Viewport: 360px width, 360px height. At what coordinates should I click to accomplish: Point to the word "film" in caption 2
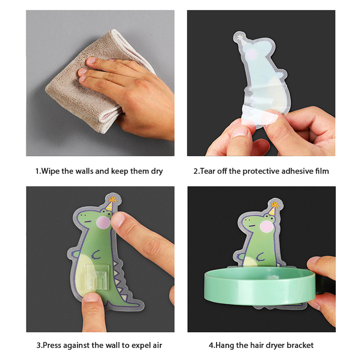[x=322, y=171]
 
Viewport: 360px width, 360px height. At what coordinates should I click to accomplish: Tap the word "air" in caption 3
[x=157, y=345]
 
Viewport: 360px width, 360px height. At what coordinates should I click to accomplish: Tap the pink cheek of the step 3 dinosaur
[x=103, y=222]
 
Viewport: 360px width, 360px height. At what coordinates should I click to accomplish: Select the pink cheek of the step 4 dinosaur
[x=266, y=227]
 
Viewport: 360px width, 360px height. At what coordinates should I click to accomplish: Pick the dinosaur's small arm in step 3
[x=96, y=255]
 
